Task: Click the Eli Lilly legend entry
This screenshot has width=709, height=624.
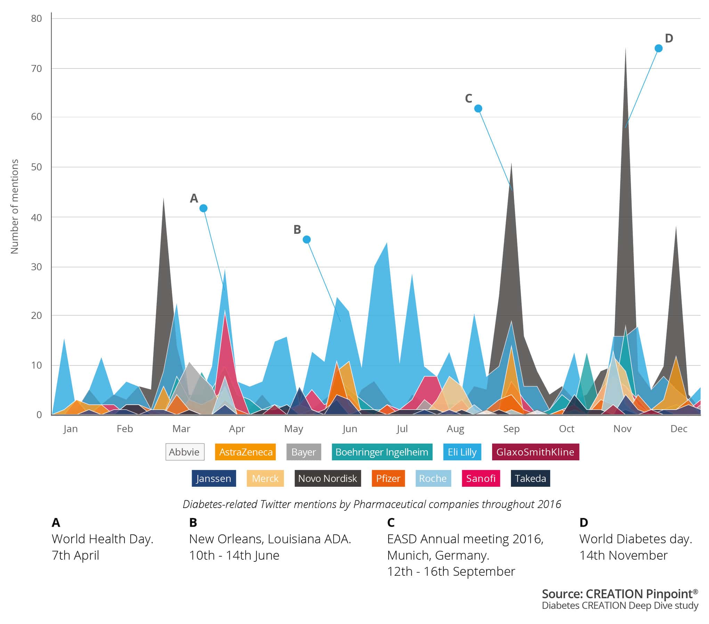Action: pos(462,452)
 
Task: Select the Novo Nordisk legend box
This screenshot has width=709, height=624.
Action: pos(327,478)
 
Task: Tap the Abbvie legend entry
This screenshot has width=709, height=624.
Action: pos(185,452)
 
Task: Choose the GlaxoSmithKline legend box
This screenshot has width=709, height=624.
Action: pos(535,452)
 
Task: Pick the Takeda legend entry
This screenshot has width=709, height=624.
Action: pos(530,478)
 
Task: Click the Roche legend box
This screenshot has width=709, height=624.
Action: pos(433,478)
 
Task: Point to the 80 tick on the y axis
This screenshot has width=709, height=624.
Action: pos(36,18)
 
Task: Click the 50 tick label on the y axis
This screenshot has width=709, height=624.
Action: pos(36,167)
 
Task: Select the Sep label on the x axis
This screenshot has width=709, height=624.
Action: pos(511,429)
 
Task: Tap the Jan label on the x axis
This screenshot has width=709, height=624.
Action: pos(71,429)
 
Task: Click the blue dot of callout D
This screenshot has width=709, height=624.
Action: pos(658,48)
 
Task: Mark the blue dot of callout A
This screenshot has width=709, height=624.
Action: pos(204,208)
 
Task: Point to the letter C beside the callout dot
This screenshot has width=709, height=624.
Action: pos(468,99)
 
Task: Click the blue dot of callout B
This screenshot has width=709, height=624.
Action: pos(307,239)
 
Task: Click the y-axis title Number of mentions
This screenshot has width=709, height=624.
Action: pos(15,206)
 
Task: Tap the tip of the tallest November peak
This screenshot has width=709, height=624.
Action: pos(626,48)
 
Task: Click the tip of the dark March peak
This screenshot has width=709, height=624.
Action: pos(164,198)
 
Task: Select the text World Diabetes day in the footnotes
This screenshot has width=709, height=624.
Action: pos(636,539)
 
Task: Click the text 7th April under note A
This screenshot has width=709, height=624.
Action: pos(75,555)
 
